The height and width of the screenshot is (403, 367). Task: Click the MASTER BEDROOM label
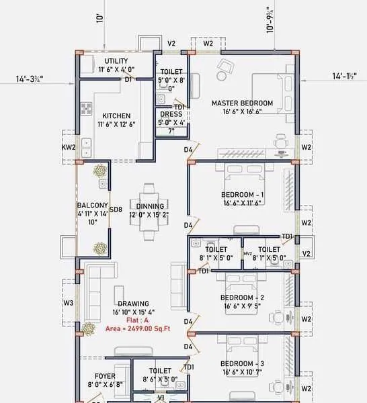[242, 103]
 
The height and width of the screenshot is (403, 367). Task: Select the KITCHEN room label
[116, 116]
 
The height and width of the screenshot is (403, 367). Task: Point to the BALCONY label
[92, 206]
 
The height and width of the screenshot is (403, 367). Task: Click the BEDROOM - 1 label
[242, 195]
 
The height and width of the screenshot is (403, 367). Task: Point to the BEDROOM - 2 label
[242, 298]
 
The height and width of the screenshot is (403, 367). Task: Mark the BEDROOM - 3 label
[242, 363]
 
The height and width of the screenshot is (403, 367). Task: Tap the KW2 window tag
[68, 146]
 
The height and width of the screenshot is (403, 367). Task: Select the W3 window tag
[68, 303]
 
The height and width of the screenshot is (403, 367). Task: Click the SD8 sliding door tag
[116, 210]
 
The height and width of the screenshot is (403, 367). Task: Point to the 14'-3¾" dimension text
[30, 79]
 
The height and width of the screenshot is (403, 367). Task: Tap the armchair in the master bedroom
[224, 66]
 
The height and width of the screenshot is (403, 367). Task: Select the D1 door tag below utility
[128, 79]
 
